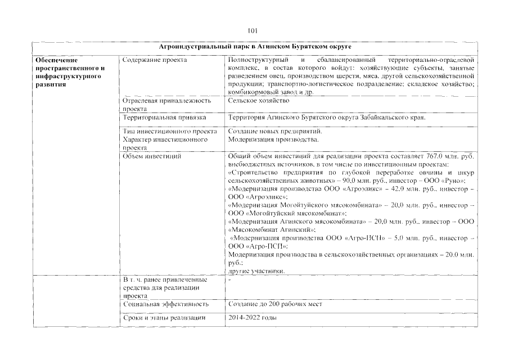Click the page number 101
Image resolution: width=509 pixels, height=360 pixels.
(253, 31)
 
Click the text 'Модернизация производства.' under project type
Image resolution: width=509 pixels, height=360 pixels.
(274, 139)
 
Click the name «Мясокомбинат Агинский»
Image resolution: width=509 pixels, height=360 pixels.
(272, 231)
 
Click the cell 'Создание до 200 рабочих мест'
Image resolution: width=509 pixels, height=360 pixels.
(275, 304)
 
